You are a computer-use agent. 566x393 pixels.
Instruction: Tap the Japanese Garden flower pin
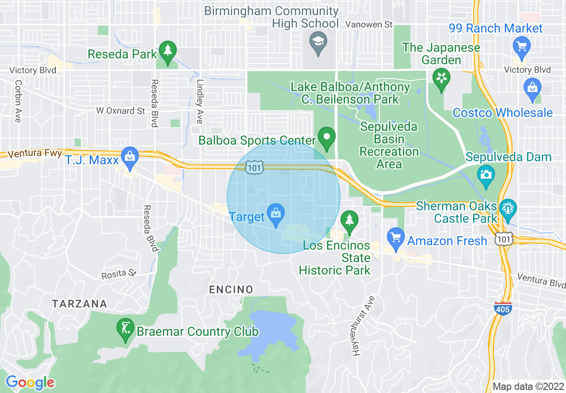[x=441, y=79]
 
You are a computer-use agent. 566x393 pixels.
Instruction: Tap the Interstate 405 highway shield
[x=503, y=308]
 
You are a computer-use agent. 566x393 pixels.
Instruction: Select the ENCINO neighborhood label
[x=231, y=290]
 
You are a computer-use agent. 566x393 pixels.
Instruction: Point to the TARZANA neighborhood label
[x=79, y=304]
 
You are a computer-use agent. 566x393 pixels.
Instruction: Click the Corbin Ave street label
[x=18, y=101]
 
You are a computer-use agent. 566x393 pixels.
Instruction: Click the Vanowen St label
[x=370, y=25]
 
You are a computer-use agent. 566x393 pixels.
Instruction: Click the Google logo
[x=30, y=382]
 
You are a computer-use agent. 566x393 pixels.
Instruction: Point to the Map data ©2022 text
[x=527, y=386]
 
